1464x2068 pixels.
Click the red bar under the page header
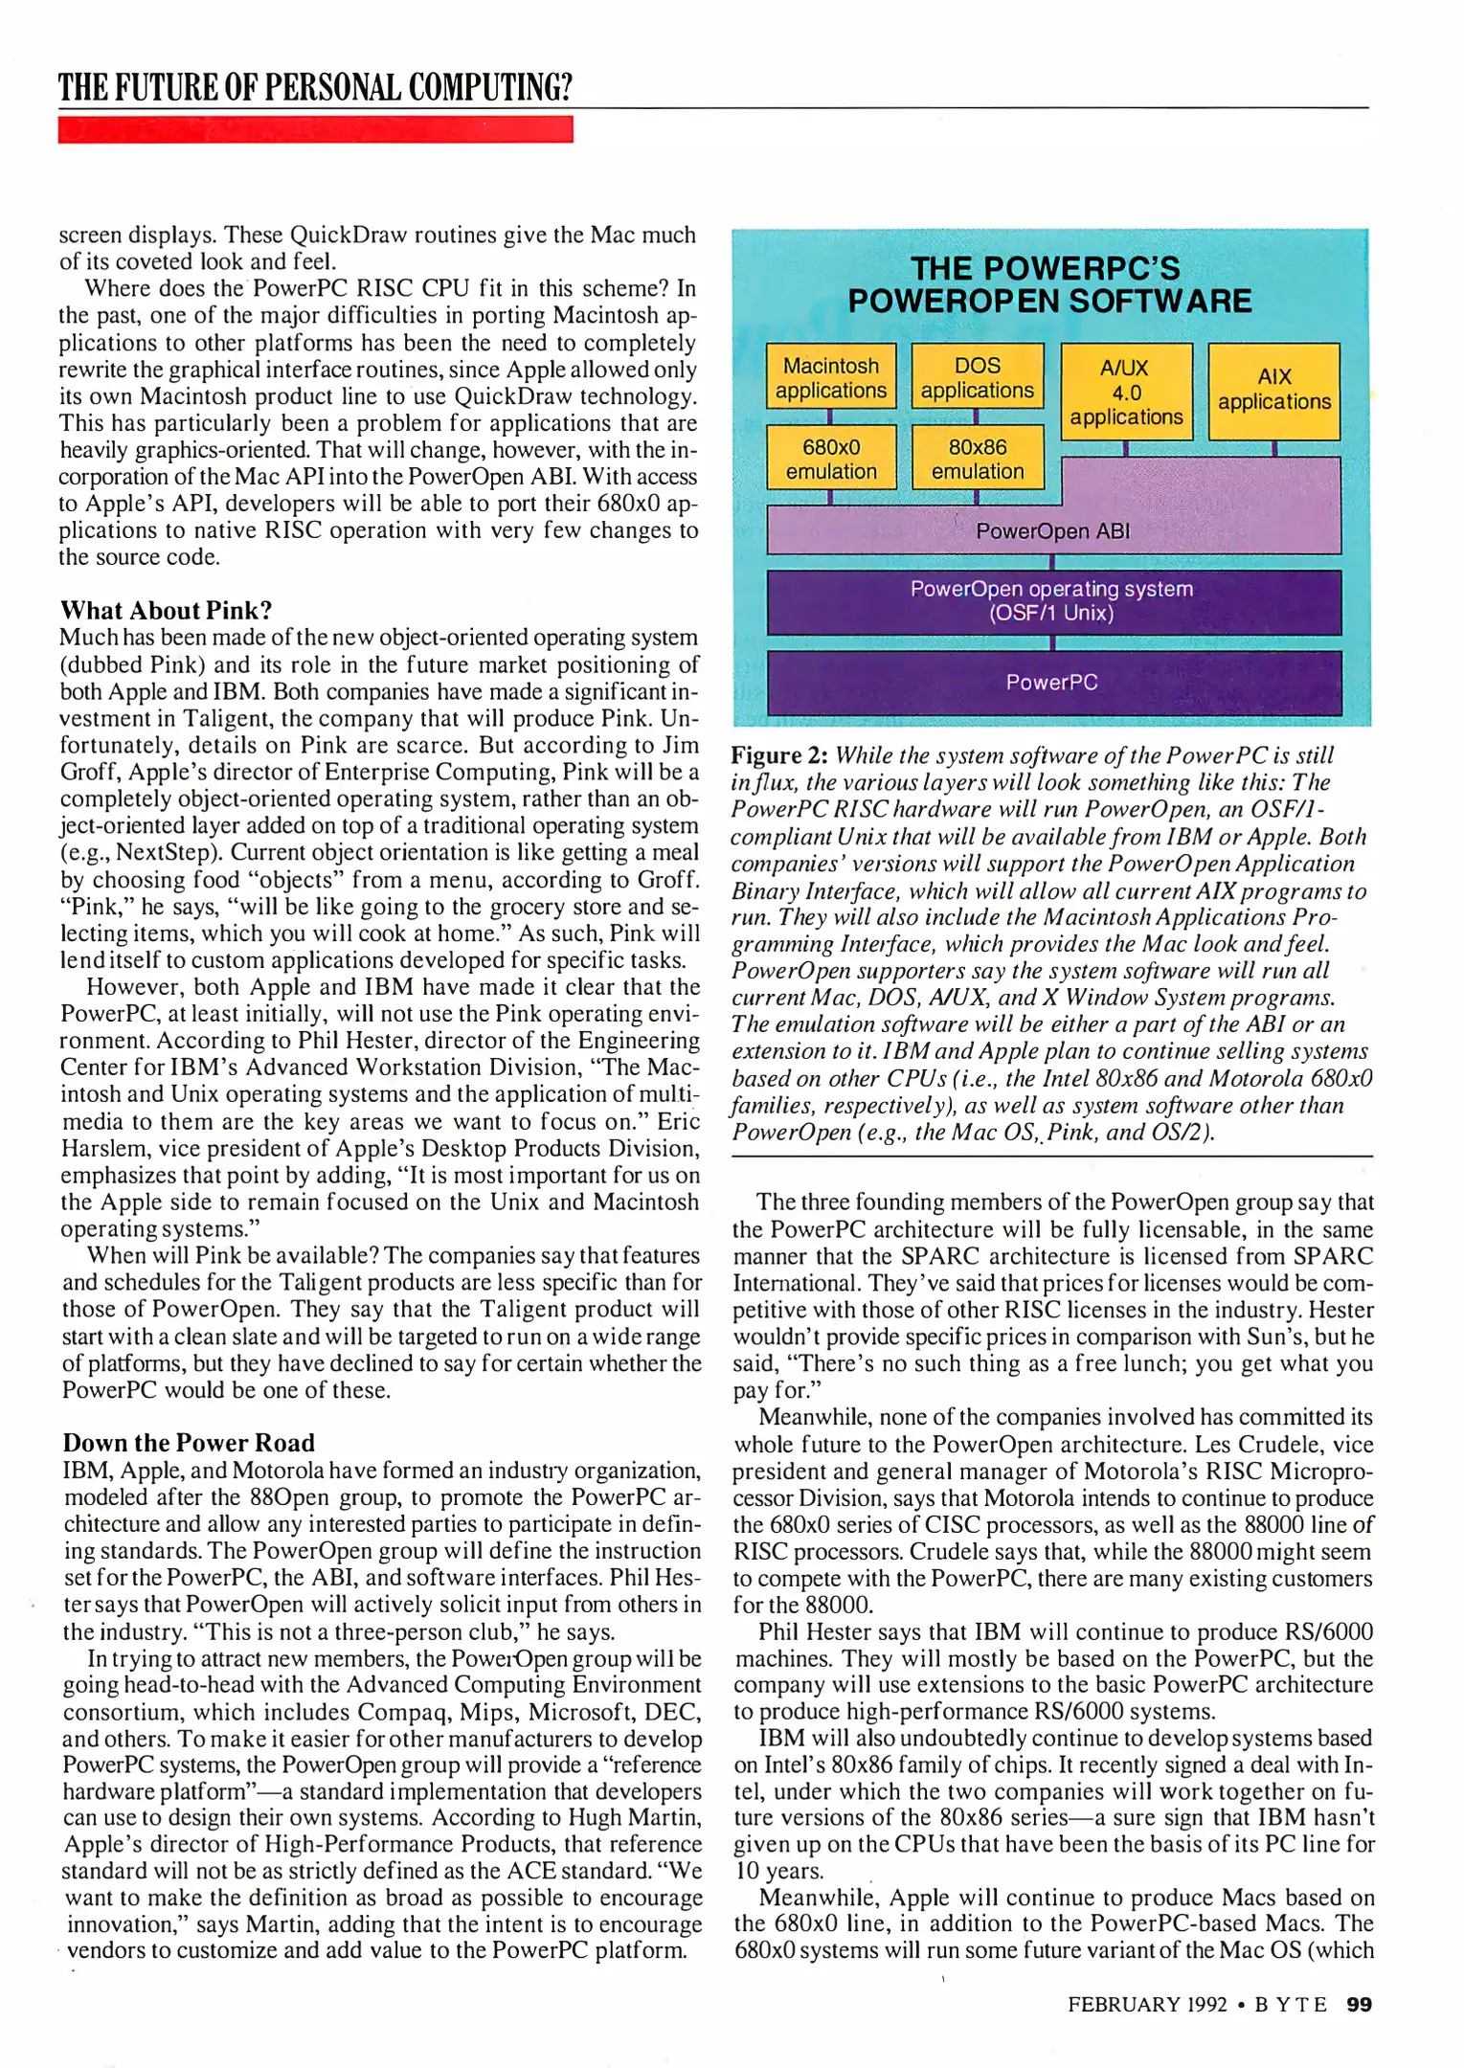315,129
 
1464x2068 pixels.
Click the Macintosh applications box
830,377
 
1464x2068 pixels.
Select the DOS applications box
977,377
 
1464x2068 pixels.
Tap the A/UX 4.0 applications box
1126,392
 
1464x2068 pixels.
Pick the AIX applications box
1273,390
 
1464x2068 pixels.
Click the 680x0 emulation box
830,459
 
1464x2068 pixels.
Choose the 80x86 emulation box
977,459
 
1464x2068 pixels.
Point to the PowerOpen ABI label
1052,531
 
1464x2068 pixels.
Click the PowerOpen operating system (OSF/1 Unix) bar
1052,601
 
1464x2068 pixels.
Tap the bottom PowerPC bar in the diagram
1052,683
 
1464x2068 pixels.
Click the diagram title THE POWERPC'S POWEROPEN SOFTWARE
1048,284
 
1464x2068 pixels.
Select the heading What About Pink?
167,611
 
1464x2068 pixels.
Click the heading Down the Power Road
189,1443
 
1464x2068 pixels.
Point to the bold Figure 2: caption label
779,755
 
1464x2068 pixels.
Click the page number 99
1359,2004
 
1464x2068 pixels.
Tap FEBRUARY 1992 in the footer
1147,2004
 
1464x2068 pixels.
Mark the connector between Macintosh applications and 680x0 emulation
829,416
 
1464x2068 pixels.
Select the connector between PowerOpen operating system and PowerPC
1052,642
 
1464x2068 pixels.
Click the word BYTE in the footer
1291,2004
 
